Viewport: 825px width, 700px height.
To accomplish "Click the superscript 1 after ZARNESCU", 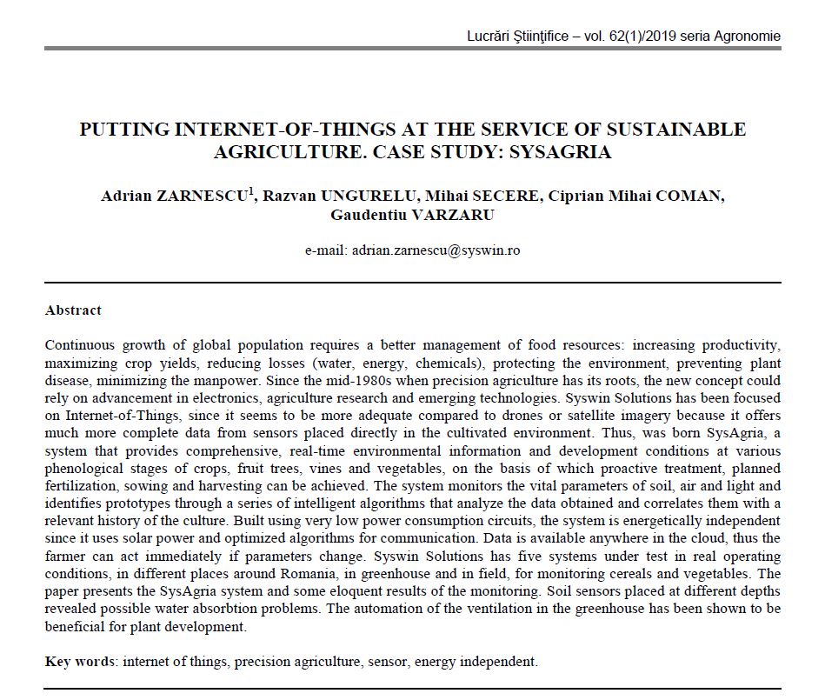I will (252, 191).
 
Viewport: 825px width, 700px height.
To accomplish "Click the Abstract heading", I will (73, 310).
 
